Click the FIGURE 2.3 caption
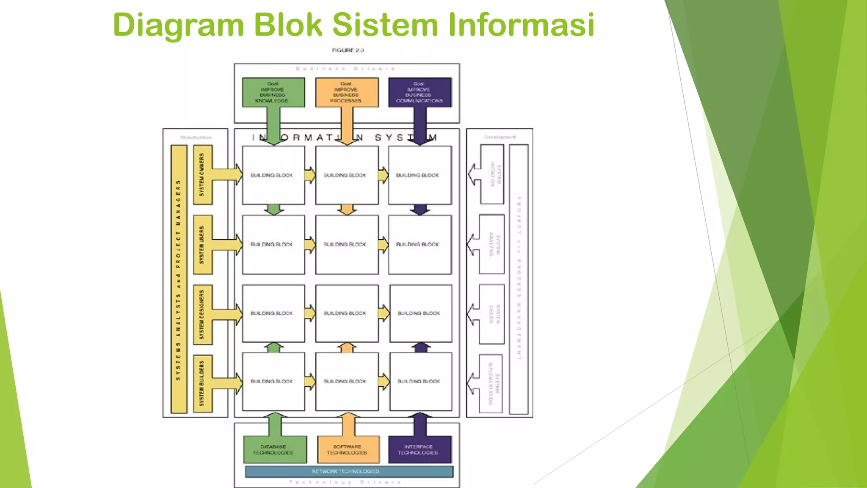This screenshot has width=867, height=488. point(348,50)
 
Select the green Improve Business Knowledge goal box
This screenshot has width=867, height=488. point(273,92)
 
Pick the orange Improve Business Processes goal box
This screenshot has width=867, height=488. point(346,92)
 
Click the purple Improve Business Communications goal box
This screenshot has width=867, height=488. point(420,92)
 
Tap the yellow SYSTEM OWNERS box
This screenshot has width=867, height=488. point(202,175)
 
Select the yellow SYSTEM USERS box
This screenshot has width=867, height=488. point(202,245)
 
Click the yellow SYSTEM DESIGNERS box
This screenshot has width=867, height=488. point(202,314)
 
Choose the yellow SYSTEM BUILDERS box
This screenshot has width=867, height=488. point(202,383)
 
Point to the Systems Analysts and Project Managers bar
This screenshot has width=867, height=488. point(179,280)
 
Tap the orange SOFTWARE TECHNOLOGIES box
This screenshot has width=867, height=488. point(347,449)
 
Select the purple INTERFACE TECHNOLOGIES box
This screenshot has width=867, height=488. point(419,449)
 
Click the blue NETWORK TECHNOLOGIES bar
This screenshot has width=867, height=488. point(349,471)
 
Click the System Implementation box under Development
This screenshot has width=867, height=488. point(492,383)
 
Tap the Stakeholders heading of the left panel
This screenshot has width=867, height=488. point(196,137)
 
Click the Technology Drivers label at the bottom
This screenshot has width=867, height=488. point(345,482)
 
